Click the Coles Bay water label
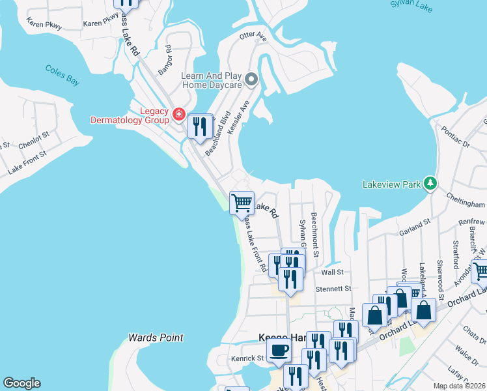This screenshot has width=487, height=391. [x=62, y=74]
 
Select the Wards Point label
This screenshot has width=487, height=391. [x=156, y=338]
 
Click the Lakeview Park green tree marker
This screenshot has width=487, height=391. [x=430, y=184]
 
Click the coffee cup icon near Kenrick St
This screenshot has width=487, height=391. [x=279, y=350]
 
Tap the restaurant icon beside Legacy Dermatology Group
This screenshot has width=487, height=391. [x=200, y=126]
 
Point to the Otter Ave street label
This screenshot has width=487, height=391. [x=253, y=36]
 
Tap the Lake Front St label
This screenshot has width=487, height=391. [x=27, y=163]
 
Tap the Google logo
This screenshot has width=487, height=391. [x=21, y=383]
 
